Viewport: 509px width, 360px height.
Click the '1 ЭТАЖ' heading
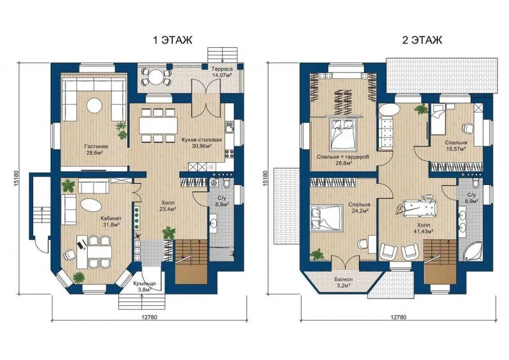172,40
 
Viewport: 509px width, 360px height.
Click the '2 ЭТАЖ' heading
422,40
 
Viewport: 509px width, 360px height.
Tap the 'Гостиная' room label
96,146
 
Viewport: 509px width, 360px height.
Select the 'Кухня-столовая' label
202,140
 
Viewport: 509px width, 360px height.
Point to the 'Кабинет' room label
111,218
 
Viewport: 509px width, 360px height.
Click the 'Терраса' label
222,69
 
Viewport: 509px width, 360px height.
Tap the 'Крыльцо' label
144,284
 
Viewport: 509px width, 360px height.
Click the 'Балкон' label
344,279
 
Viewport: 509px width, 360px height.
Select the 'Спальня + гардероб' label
343,157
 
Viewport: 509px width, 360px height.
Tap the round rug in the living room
94,105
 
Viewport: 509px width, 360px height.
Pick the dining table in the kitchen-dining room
158,125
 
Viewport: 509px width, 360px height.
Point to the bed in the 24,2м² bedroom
327,218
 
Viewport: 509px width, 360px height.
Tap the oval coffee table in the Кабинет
90,205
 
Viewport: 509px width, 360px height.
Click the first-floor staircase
192,262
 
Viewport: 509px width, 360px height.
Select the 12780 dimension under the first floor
150,317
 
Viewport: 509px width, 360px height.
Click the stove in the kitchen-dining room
230,153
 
